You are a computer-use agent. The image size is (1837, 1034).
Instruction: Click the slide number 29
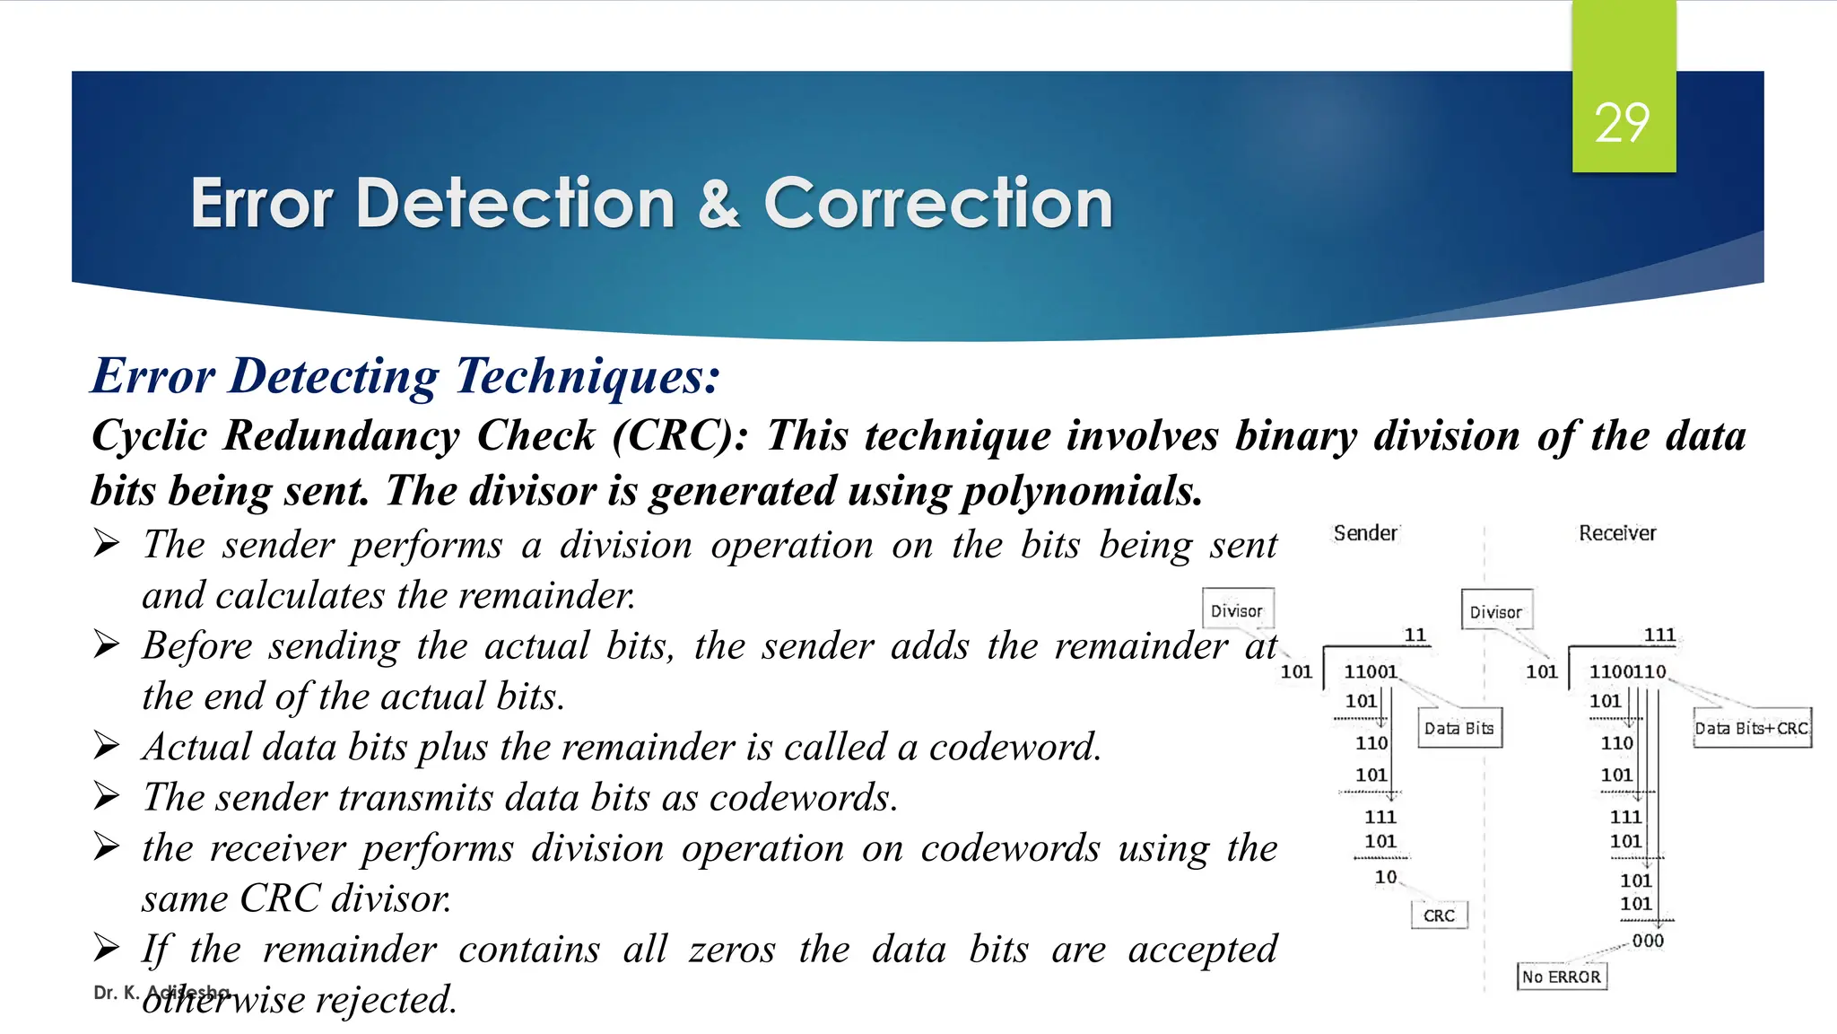coord(1622,123)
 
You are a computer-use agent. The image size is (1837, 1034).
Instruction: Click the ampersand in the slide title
coord(718,203)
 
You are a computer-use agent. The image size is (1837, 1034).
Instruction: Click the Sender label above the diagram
coord(1365,533)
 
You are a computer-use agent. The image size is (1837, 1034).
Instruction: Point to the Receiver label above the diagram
coord(1617,533)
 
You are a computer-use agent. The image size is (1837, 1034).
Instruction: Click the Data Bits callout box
coord(1459,728)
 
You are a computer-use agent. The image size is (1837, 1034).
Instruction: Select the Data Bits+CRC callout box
coord(1752,728)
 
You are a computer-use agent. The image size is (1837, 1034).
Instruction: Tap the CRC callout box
coord(1440,916)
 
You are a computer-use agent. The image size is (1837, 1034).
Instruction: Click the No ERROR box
coord(1562,977)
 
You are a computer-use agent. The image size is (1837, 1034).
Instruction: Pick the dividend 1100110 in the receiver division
coord(1627,671)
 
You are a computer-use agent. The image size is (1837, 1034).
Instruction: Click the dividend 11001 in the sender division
coord(1371,671)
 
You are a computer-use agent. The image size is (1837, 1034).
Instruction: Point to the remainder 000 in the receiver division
coord(1648,941)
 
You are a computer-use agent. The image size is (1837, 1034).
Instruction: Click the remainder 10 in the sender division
coord(1386,876)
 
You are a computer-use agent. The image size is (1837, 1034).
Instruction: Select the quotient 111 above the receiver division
coord(1659,635)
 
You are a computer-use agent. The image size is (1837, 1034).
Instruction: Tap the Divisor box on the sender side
coord(1237,610)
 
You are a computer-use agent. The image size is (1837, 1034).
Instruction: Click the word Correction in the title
coord(938,203)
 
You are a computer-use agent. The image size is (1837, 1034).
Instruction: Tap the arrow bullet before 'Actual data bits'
coord(107,745)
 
